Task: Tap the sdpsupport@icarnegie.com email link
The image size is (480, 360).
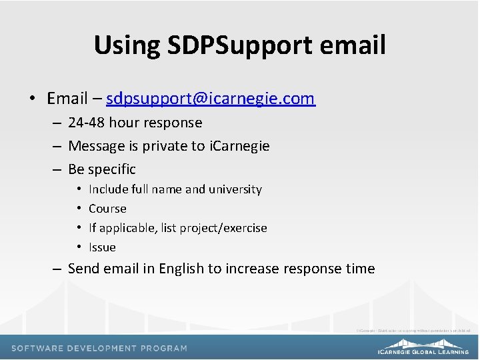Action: click(210, 99)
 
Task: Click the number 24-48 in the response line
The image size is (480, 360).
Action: click(87, 123)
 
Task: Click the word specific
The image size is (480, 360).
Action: click(111, 169)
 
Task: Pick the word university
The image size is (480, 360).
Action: click(235, 189)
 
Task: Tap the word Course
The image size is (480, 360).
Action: click(107, 209)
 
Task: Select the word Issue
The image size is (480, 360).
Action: click(102, 247)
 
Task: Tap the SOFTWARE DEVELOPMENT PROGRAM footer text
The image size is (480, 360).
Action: click(99, 348)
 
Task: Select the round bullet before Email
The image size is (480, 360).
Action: click(32, 99)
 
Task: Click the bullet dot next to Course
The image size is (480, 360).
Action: click(79, 209)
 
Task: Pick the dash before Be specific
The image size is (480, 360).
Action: click(57, 169)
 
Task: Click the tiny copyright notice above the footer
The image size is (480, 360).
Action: click(413, 330)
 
